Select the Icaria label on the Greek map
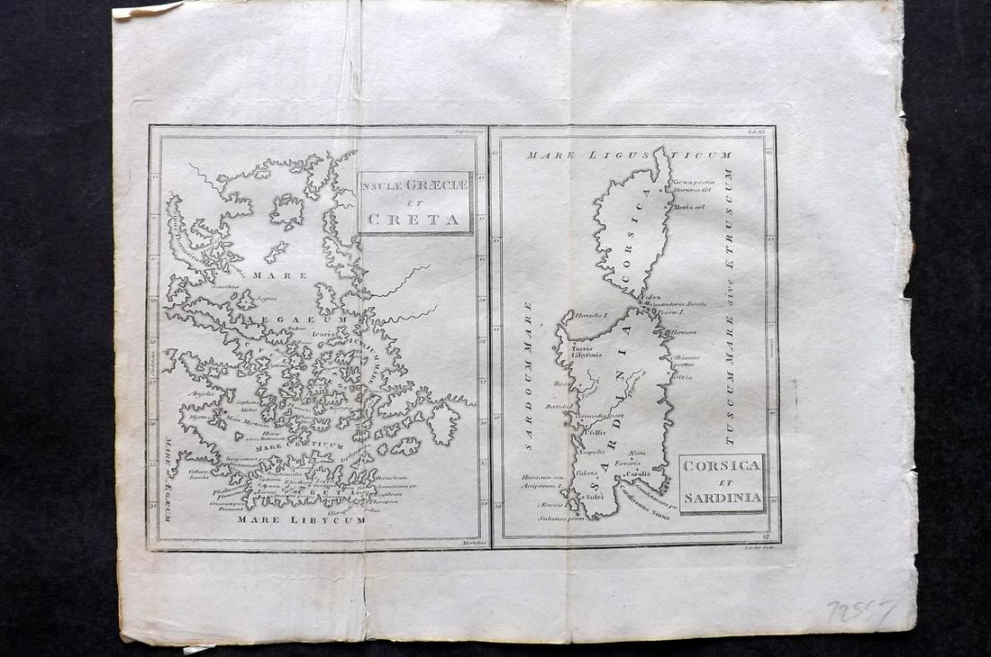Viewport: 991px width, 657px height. [x=325, y=333]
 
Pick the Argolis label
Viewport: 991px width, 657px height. [x=200, y=393]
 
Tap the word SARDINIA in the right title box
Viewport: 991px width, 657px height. [x=722, y=497]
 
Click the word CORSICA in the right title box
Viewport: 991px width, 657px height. [x=722, y=467]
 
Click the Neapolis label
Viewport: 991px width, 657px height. [x=591, y=451]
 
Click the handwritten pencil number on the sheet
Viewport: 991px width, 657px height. [x=861, y=611]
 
